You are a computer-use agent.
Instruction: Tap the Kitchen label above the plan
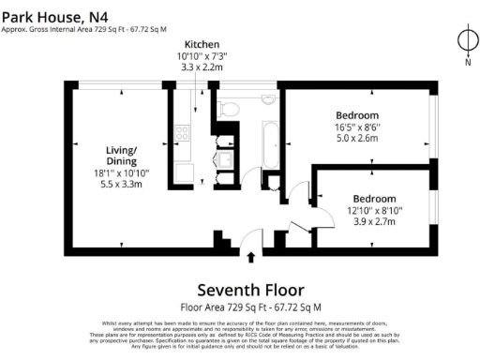202,45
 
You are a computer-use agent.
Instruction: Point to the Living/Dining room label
122,154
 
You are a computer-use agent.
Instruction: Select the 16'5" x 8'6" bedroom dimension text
366,127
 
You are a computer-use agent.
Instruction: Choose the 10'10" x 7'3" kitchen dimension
202,56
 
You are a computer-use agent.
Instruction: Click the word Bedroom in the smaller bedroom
374,198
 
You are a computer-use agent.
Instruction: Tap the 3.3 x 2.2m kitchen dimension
202,67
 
